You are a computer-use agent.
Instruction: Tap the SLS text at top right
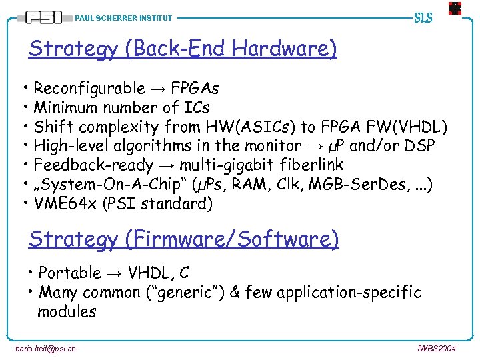[x=423, y=17]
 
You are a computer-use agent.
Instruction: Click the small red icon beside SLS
[x=454, y=9]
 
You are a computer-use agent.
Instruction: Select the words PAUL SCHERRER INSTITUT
[x=123, y=18]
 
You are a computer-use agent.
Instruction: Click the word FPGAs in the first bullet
[x=195, y=88]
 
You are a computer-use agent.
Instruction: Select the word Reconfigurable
[x=89, y=88]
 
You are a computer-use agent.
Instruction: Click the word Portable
[x=69, y=273]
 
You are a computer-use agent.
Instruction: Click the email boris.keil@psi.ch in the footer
[x=45, y=348]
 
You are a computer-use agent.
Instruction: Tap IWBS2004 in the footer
[x=437, y=348]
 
